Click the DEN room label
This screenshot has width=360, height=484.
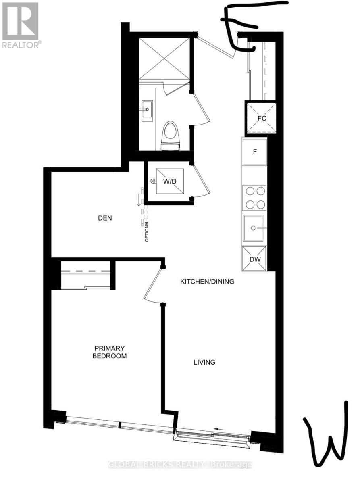click(x=105, y=218)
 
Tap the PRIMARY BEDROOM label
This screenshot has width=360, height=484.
click(x=110, y=352)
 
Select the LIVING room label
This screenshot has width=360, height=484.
click(x=204, y=363)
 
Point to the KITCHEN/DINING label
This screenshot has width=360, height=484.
click(x=207, y=282)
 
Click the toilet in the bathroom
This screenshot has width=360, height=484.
click(x=171, y=136)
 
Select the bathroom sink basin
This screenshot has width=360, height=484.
click(x=148, y=111)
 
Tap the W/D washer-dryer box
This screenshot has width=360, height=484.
click(x=170, y=181)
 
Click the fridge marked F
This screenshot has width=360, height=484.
click(x=255, y=152)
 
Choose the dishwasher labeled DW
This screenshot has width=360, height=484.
click(x=254, y=259)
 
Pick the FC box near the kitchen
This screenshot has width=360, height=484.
click(x=261, y=118)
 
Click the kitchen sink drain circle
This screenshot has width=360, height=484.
click(x=253, y=228)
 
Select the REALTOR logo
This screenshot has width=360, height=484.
click(x=21, y=25)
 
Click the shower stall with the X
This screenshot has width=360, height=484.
click(x=164, y=59)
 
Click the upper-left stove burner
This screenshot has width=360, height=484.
click(x=250, y=191)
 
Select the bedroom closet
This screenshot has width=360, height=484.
click(x=85, y=275)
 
